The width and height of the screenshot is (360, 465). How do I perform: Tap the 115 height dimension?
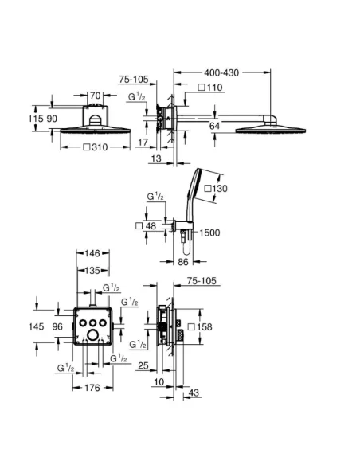point(35,119)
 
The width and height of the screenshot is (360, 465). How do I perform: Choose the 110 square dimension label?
point(210,87)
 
